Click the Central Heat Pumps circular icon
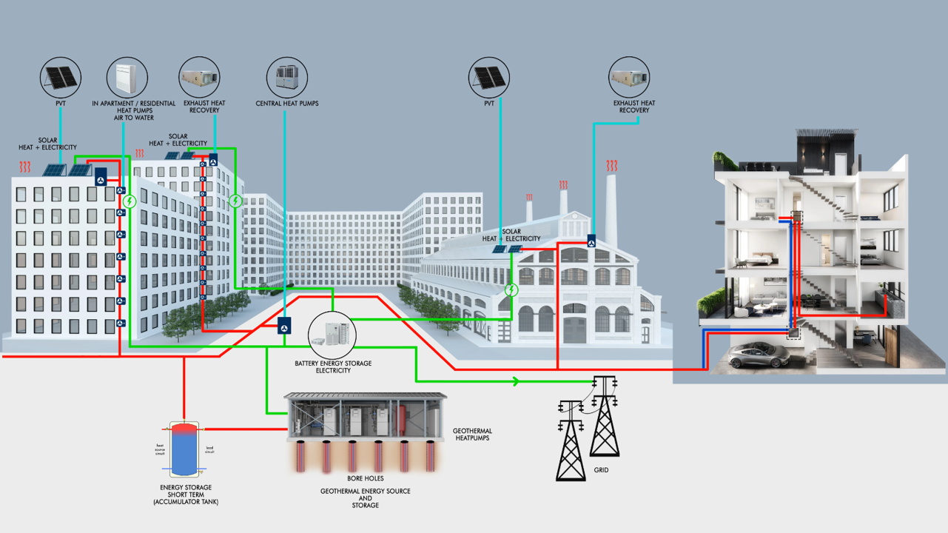pos(286,78)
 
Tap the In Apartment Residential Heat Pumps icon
pos(127,78)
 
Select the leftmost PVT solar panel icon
pos(61,78)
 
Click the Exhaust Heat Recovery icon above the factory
pos(629,78)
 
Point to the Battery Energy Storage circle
pos(332,335)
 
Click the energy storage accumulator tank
pos(184,449)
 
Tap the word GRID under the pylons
pos(601,470)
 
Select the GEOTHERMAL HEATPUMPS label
pos(473,435)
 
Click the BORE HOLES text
pos(365,478)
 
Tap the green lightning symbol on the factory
pos(511,289)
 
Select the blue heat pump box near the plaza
pos(285,325)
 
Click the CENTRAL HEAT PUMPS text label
pos(287,104)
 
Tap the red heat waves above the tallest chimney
pos(612,165)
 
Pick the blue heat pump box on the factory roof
pos(591,241)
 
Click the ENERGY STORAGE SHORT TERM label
pos(186,495)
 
